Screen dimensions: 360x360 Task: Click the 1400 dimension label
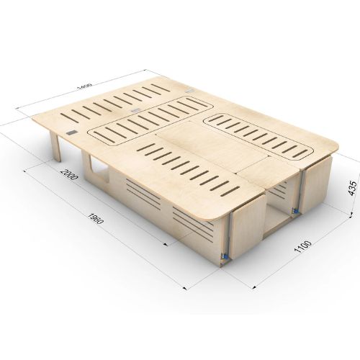(x=86, y=86)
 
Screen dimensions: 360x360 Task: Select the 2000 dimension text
(x=69, y=175)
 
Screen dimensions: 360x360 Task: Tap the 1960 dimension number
(x=96, y=218)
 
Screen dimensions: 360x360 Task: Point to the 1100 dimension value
(x=303, y=246)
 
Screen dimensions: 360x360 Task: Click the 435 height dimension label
(x=352, y=189)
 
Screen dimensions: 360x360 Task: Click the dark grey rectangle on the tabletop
(x=71, y=132)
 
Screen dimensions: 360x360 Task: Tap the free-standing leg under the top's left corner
(x=55, y=146)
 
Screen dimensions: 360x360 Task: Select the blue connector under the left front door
(x=224, y=256)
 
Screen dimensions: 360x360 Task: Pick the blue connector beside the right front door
(x=294, y=211)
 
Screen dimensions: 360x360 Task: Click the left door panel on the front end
(x=248, y=228)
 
